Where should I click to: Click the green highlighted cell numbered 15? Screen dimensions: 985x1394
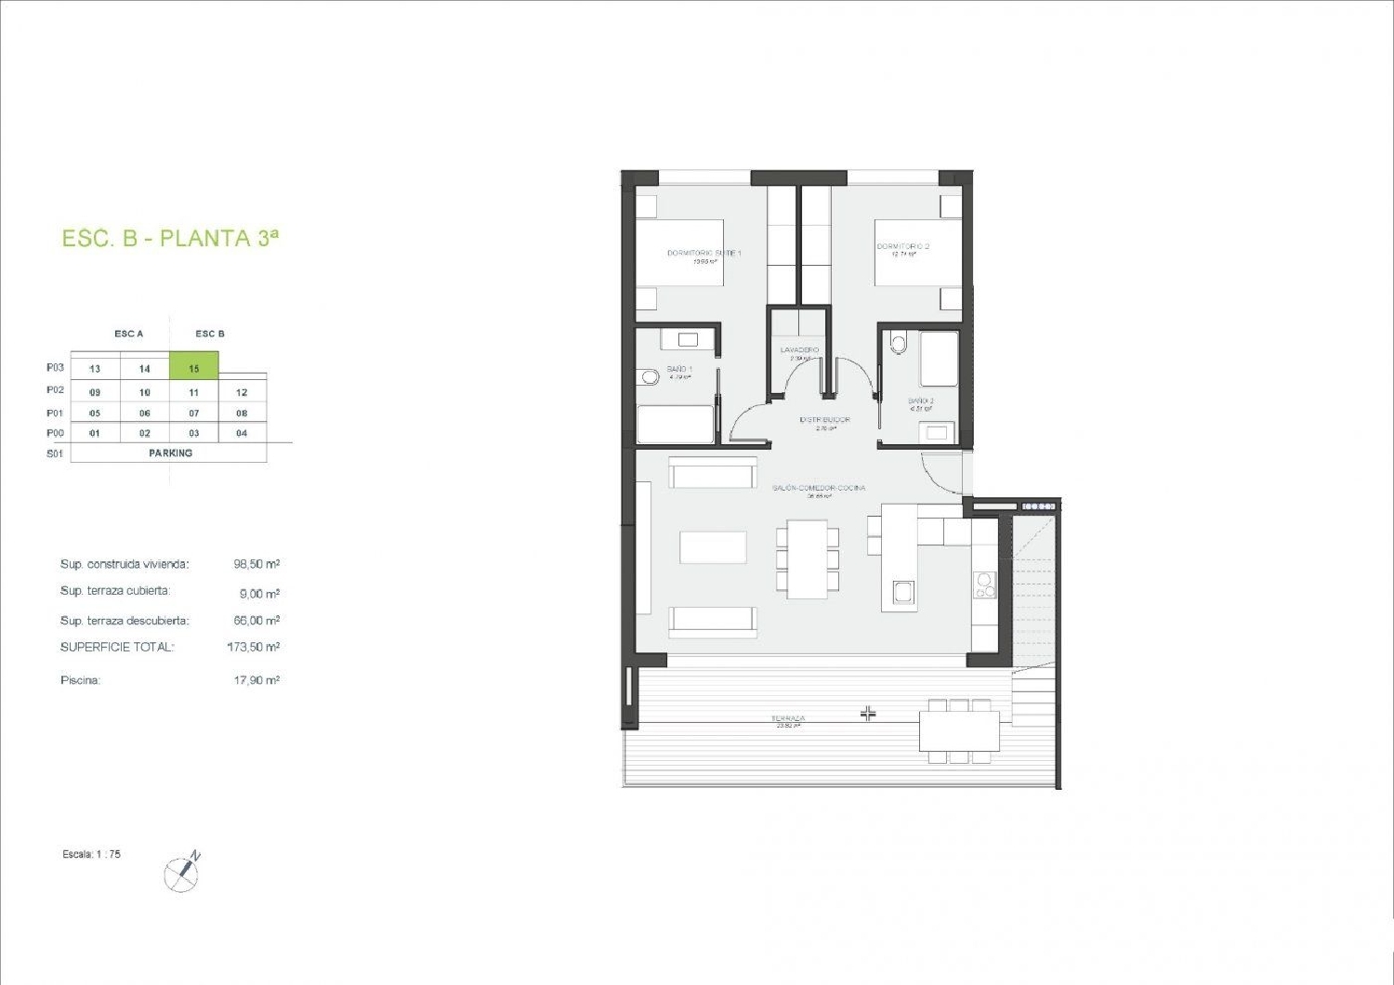[x=194, y=368]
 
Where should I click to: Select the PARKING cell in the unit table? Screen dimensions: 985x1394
[x=170, y=453]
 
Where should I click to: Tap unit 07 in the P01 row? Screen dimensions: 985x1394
[x=194, y=413]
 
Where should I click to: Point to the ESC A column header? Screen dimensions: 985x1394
[x=129, y=334]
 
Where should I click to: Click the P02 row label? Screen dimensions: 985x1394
[x=56, y=390]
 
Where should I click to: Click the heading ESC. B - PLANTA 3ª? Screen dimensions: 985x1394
[x=170, y=238]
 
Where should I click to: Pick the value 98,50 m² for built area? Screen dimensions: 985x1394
[x=256, y=564]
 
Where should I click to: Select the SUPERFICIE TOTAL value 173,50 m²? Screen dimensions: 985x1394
[x=254, y=647]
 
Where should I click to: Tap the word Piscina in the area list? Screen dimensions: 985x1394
[x=80, y=680]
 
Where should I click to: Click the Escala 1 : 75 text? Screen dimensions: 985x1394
[x=92, y=854]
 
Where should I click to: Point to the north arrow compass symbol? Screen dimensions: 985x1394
[x=181, y=873]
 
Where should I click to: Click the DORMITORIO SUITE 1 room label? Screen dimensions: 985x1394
[x=704, y=253]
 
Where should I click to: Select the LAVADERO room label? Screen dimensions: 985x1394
[x=799, y=350]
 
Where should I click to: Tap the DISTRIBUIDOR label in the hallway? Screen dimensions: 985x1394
[x=825, y=420]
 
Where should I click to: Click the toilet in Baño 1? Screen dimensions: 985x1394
[x=650, y=378]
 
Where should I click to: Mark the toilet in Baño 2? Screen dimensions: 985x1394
[x=897, y=344]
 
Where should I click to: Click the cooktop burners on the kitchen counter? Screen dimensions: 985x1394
[x=984, y=584]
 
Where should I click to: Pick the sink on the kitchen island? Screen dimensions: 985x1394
[x=902, y=592]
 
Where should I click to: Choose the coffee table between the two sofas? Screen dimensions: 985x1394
[x=713, y=546]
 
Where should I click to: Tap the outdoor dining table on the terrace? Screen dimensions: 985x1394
[x=959, y=730]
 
